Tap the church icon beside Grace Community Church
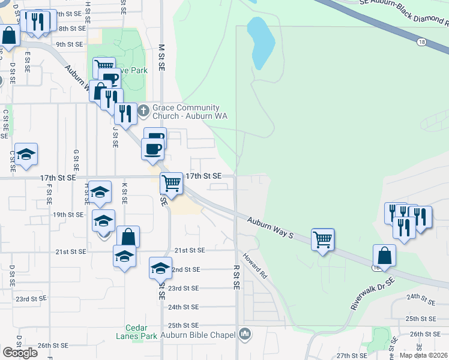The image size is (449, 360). pyautogui.click(x=143, y=111)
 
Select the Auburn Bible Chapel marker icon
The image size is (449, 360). pyautogui.click(x=244, y=334)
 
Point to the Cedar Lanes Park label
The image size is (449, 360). pyautogui.click(x=140, y=332)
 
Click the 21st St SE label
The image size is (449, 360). pyautogui.click(x=190, y=250)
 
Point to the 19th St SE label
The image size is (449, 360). pyautogui.click(x=68, y=214)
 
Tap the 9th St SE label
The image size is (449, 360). pyautogui.click(x=69, y=44)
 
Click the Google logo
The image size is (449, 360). pyautogui.click(x=20, y=352)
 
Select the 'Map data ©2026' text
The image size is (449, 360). pyautogui.click(x=424, y=355)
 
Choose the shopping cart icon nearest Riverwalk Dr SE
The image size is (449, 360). pyautogui.click(x=323, y=240)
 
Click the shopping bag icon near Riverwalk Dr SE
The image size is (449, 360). pyautogui.click(x=384, y=256)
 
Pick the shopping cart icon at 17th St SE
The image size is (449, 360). pyautogui.click(x=172, y=183)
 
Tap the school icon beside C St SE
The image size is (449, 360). pyautogui.click(x=26, y=154)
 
